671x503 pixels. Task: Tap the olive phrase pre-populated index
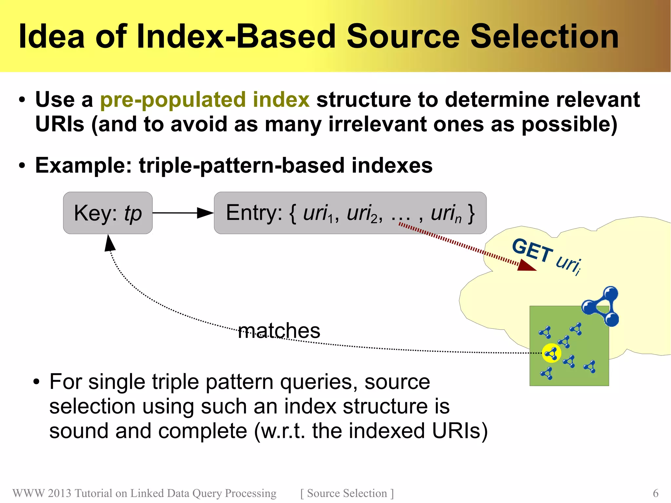coord(205,100)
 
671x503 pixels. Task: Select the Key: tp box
coord(108,213)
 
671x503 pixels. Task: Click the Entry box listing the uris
coord(350,213)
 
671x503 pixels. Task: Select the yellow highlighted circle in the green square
coord(551,353)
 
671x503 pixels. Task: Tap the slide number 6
coord(656,493)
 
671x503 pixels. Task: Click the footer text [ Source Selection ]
coord(347,493)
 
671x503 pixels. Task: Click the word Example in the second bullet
coord(83,166)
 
